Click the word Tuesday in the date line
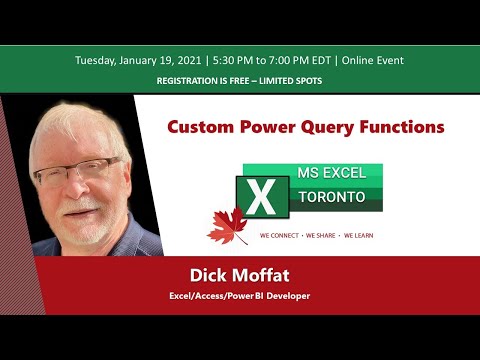tap(98, 60)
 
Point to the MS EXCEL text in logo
tap(333, 174)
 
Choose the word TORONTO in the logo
tap(333, 197)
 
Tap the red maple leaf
tap(227, 227)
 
